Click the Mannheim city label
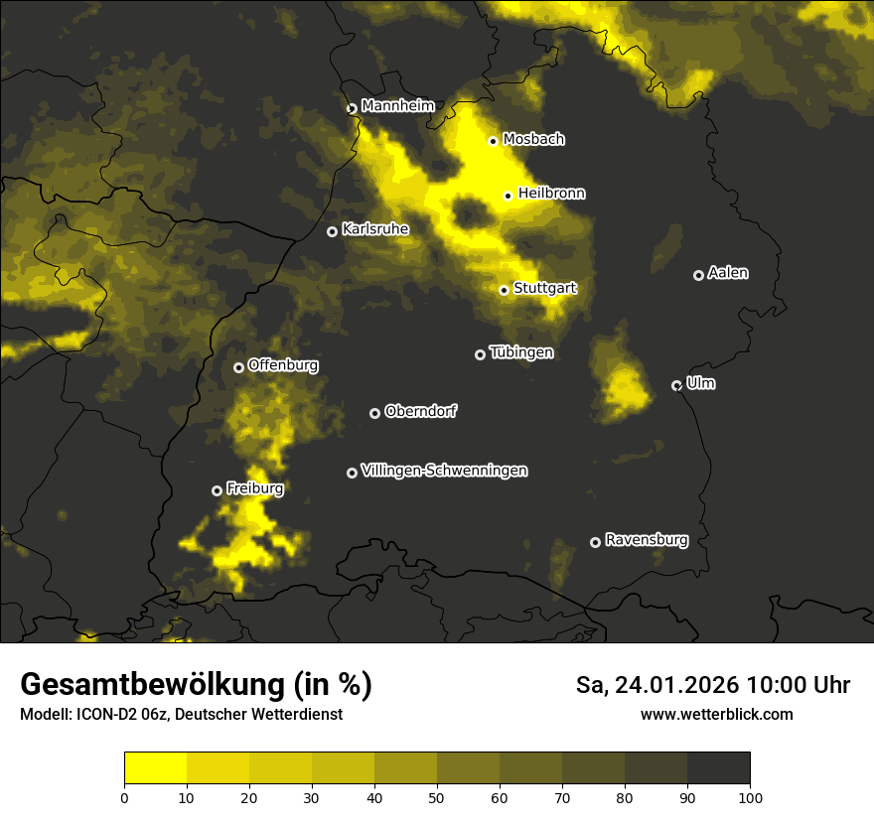(x=398, y=105)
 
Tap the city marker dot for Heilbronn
(x=508, y=196)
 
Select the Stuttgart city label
(x=544, y=289)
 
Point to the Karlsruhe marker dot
(x=332, y=231)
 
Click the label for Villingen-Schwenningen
(x=444, y=471)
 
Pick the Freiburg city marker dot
(x=217, y=490)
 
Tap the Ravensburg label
(x=646, y=540)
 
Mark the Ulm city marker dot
(x=676, y=385)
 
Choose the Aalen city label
(x=728, y=273)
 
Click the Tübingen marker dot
(x=480, y=354)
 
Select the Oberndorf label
(x=420, y=411)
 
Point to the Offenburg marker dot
(x=238, y=367)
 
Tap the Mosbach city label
(x=533, y=139)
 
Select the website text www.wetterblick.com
(x=716, y=714)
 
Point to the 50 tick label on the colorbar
(x=437, y=797)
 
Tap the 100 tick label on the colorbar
(x=750, y=797)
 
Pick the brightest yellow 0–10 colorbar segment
(x=155, y=767)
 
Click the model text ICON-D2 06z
(x=108, y=715)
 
